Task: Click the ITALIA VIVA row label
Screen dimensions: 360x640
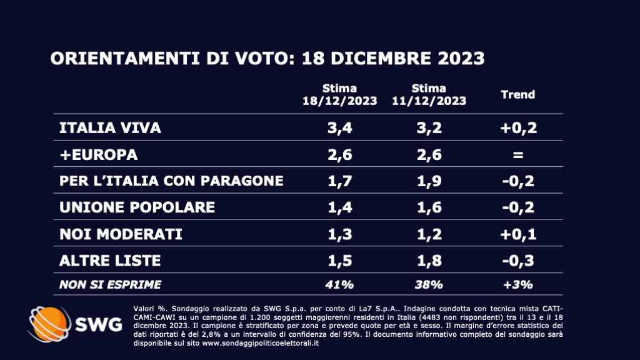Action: click(110, 128)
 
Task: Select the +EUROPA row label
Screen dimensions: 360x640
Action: click(98, 154)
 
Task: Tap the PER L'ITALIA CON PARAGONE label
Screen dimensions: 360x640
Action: click(171, 181)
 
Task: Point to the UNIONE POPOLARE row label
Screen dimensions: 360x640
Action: click(137, 207)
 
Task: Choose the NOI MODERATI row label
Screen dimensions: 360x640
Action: click(120, 234)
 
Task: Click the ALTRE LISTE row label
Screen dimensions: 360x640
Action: click(110, 260)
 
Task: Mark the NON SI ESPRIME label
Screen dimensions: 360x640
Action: click(110, 284)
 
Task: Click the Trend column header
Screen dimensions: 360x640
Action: click(518, 94)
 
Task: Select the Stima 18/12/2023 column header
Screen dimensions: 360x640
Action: click(340, 94)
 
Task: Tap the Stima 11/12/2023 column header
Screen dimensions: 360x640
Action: click(429, 94)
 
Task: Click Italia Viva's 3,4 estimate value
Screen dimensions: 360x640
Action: click(340, 128)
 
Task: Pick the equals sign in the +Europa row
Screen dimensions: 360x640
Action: click(518, 154)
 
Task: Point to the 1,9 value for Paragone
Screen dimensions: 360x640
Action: click(429, 181)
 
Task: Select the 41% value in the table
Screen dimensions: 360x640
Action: click(340, 284)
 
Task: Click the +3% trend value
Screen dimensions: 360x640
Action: click(518, 284)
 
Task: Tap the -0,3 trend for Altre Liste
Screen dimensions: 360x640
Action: click(518, 260)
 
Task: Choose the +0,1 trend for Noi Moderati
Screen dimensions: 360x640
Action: click(518, 234)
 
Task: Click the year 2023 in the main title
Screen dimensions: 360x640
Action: click(454, 58)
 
